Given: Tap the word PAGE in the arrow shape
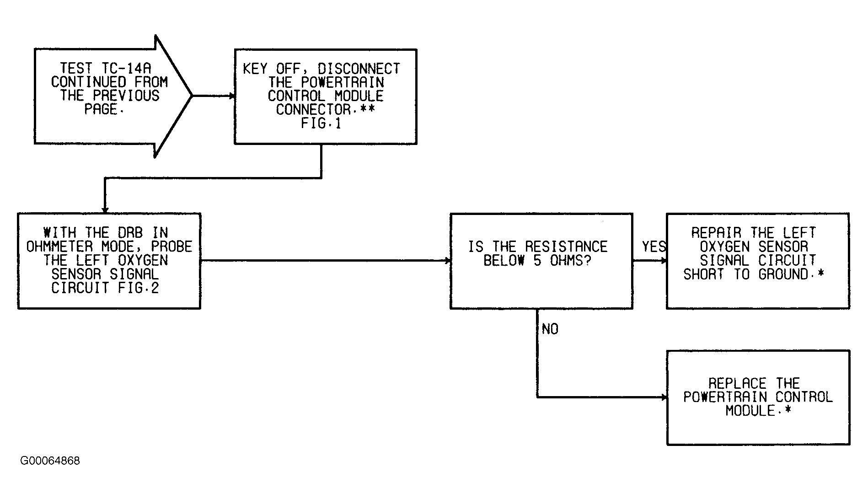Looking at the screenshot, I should (x=101, y=110).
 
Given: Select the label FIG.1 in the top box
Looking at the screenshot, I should (x=321, y=123).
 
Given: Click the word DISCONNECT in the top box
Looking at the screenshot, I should (x=359, y=69).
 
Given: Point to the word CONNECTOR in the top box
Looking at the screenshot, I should (x=314, y=110).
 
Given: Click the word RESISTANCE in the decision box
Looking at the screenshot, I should (x=566, y=247).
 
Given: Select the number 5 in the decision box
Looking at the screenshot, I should (x=538, y=261).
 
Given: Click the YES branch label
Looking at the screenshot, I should (x=654, y=247).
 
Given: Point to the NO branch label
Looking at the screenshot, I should (x=550, y=329).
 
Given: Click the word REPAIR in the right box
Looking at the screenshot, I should (x=716, y=233).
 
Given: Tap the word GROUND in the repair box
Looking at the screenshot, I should (x=783, y=274).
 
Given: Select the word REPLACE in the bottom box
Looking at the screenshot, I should (x=737, y=383).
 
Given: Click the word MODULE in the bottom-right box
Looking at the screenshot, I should (x=750, y=411).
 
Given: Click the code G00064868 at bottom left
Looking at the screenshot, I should (x=50, y=461).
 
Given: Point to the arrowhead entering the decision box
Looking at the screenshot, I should (x=448, y=261).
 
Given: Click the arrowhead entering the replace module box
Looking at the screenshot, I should (x=664, y=397).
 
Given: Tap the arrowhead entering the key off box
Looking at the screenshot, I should (x=232, y=96).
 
